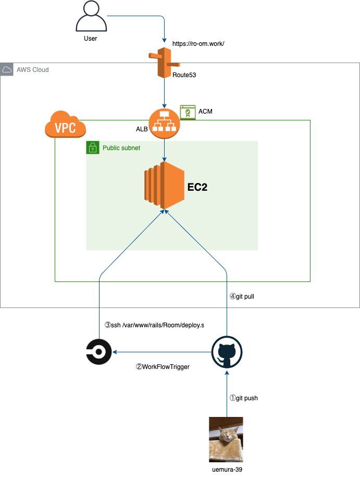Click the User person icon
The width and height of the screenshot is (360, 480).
point(91,16)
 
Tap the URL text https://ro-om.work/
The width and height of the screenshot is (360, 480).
point(198,44)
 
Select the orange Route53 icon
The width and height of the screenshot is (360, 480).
point(165,63)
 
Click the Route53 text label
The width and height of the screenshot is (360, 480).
point(184,75)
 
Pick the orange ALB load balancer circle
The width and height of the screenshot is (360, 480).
point(165,124)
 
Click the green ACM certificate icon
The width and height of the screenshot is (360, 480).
point(188,112)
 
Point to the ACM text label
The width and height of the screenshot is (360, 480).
point(205,112)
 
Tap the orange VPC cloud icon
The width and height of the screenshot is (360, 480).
point(65,124)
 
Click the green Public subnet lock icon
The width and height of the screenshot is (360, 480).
point(93,147)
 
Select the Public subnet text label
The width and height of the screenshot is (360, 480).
point(121,148)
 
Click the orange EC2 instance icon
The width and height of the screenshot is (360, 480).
point(165,186)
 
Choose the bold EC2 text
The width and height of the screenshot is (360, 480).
point(197,187)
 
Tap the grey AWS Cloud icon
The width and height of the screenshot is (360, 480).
point(7,69)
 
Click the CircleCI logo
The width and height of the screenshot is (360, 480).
point(98,352)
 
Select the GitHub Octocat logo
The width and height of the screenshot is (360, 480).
point(227,352)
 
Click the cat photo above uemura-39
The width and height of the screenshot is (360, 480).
point(226,439)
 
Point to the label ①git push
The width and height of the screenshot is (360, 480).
point(244,398)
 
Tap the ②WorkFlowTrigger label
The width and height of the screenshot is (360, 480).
point(163,367)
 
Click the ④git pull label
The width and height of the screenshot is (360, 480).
point(242,297)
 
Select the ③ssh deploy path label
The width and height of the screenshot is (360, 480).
point(154,325)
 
